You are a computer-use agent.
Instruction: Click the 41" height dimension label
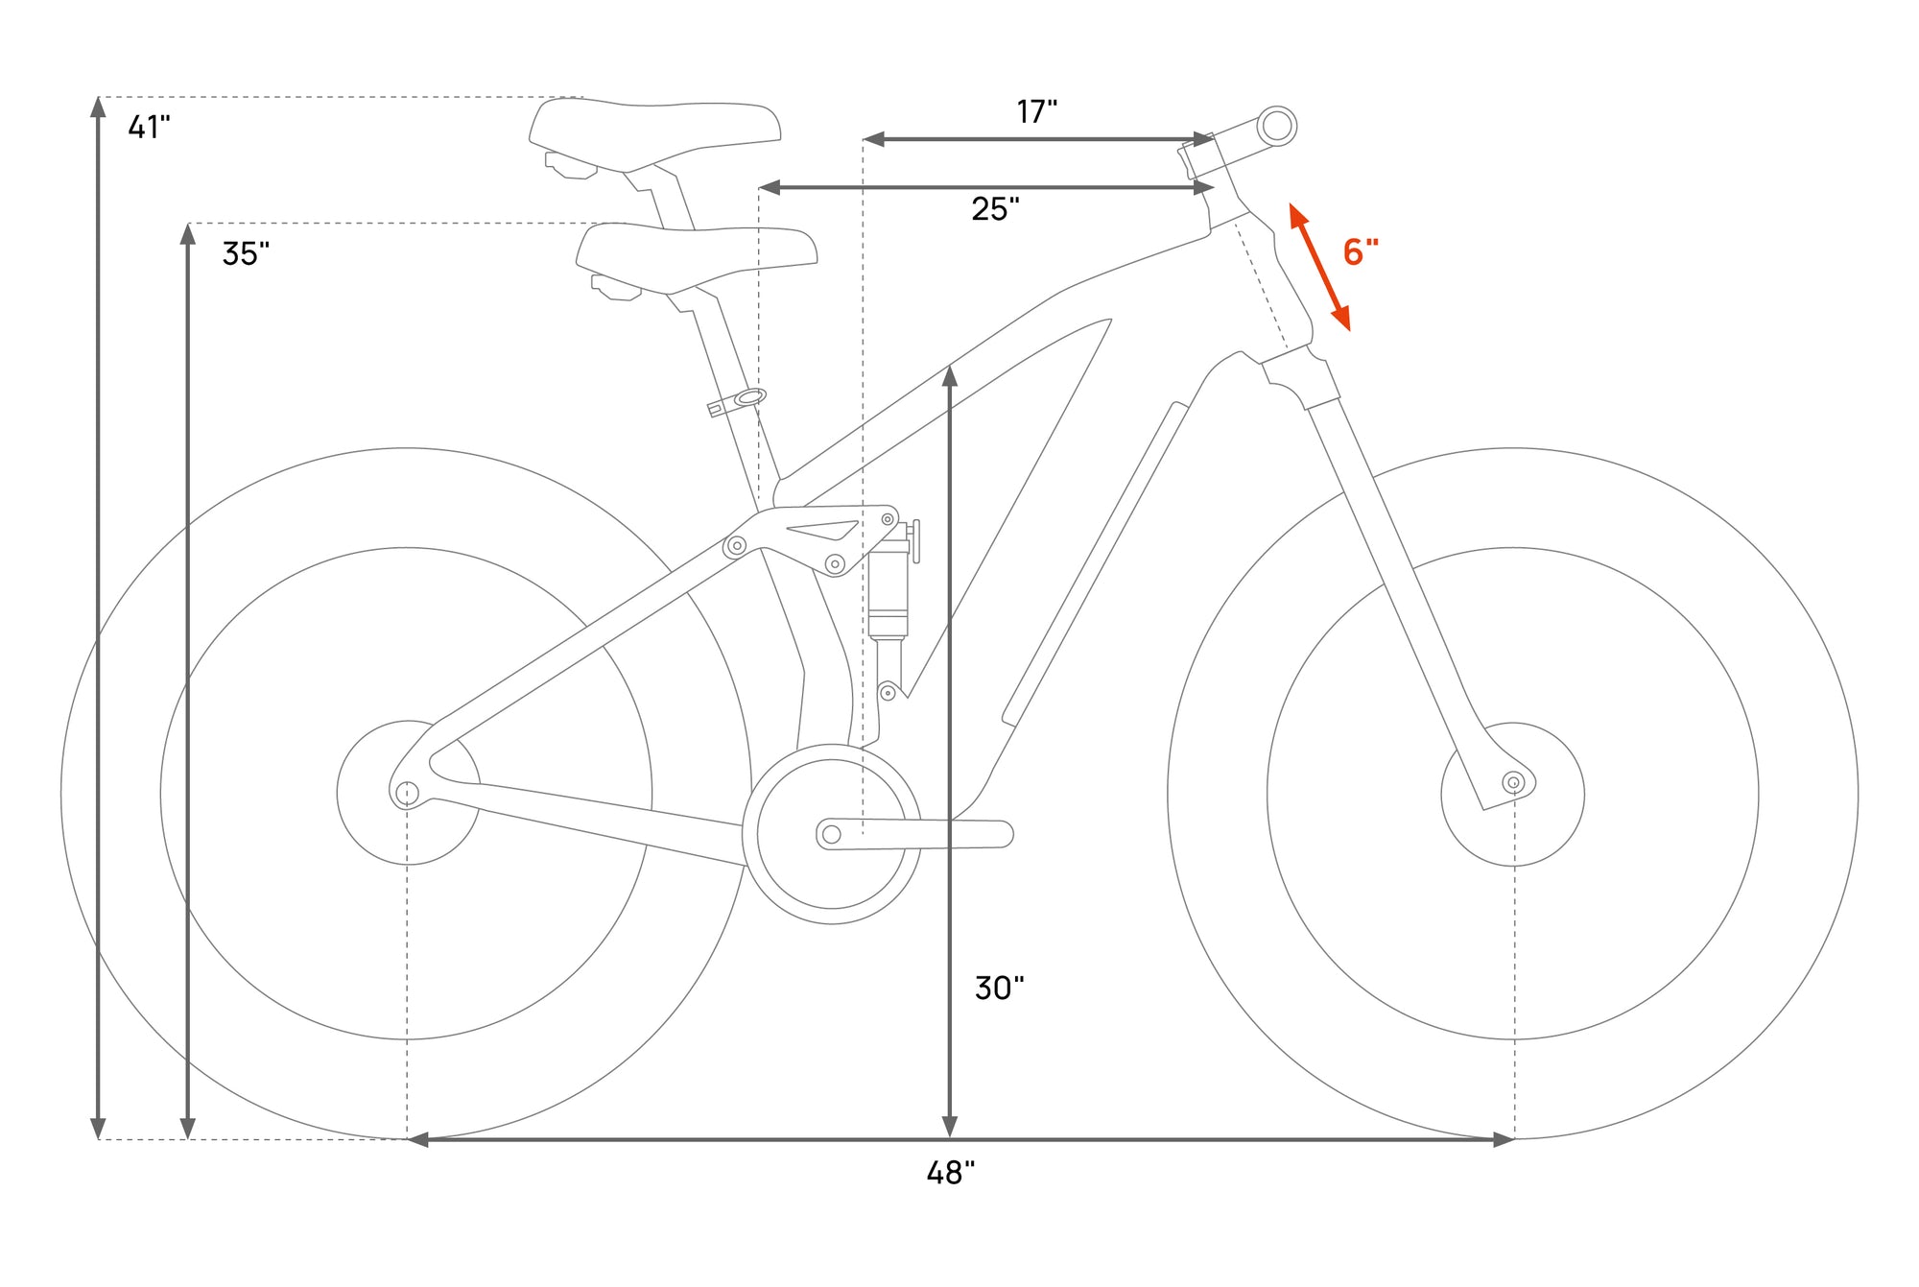click(149, 127)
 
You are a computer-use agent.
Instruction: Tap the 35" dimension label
click(246, 253)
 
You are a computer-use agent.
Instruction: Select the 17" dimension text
click(1036, 111)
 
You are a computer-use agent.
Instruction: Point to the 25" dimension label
click(995, 208)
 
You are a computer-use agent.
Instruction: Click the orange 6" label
click(1361, 251)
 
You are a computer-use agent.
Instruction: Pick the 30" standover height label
click(999, 988)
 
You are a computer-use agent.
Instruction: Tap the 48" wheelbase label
click(950, 1173)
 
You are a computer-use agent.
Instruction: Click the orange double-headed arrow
click(1319, 267)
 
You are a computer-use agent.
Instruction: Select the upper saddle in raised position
click(655, 135)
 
